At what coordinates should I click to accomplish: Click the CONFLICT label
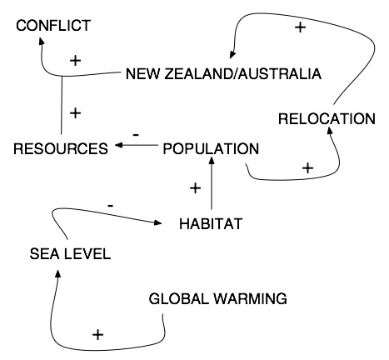coord(53,26)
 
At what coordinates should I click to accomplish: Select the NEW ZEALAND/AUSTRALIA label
coord(223,74)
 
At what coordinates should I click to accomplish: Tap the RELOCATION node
coord(327,119)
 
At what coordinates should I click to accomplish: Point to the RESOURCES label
coord(61,148)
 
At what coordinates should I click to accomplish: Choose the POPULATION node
coord(211,148)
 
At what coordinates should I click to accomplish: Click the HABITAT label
coord(211,223)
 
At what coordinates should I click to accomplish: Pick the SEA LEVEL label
coord(70,254)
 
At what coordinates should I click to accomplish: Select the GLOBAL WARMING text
coord(218,299)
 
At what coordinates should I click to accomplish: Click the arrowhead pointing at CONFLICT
coord(42,42)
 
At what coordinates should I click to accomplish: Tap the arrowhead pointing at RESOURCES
coord(118,145)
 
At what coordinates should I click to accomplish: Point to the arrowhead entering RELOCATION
coord(330,130)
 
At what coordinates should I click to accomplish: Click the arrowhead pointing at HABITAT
coord(158,222)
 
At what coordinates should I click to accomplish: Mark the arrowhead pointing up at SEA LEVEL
coord(57,273)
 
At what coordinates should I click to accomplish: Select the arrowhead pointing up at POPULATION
coord(212,161)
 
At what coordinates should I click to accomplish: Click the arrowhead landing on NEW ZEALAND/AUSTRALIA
coord(232,55)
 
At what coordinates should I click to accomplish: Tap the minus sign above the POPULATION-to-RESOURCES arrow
coord(136,135)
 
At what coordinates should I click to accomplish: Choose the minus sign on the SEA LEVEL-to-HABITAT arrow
coord(110,206)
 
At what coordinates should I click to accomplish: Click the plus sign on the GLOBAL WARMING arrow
coord(97,334)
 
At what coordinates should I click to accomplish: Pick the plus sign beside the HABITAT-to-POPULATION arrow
coord(195,188)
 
